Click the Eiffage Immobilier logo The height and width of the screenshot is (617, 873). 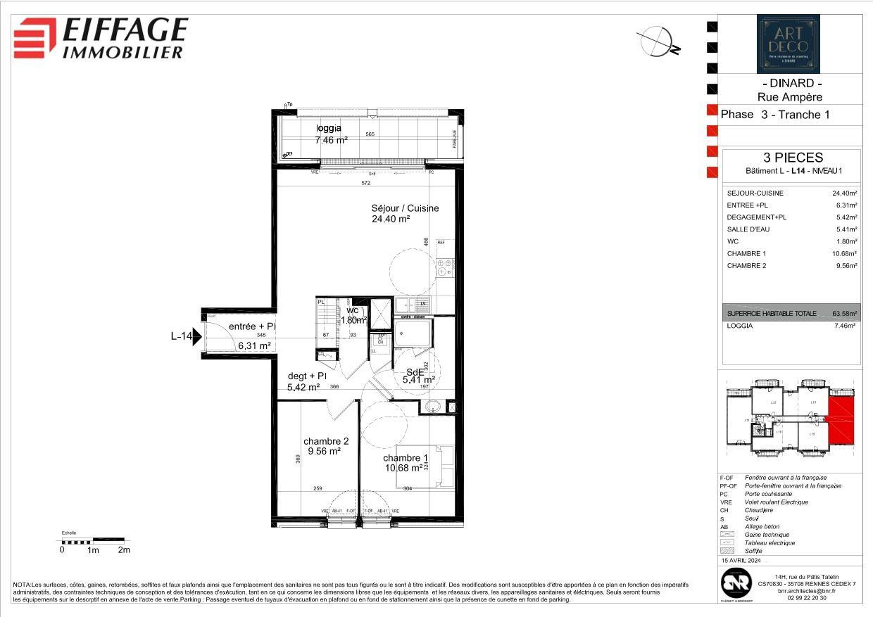click(101, 38)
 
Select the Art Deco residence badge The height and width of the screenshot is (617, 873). click(788, 44)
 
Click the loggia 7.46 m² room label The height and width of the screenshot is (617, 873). click(330, 134)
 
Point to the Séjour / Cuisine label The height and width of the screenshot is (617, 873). click(405, 208)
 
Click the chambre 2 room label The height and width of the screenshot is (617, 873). click(326, 441)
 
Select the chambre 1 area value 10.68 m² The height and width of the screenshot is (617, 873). click(403, 467)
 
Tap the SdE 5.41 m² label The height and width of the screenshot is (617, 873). click(417, 376)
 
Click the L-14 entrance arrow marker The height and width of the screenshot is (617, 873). click(198, 337)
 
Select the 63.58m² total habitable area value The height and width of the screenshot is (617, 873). click(843, 314)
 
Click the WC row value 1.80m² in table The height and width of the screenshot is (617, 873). click(845, 241)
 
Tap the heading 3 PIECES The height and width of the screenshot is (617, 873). click(793, 158)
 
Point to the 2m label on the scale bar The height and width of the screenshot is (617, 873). click(124, 550)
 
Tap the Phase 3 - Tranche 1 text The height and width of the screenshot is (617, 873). click(775, 115)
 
